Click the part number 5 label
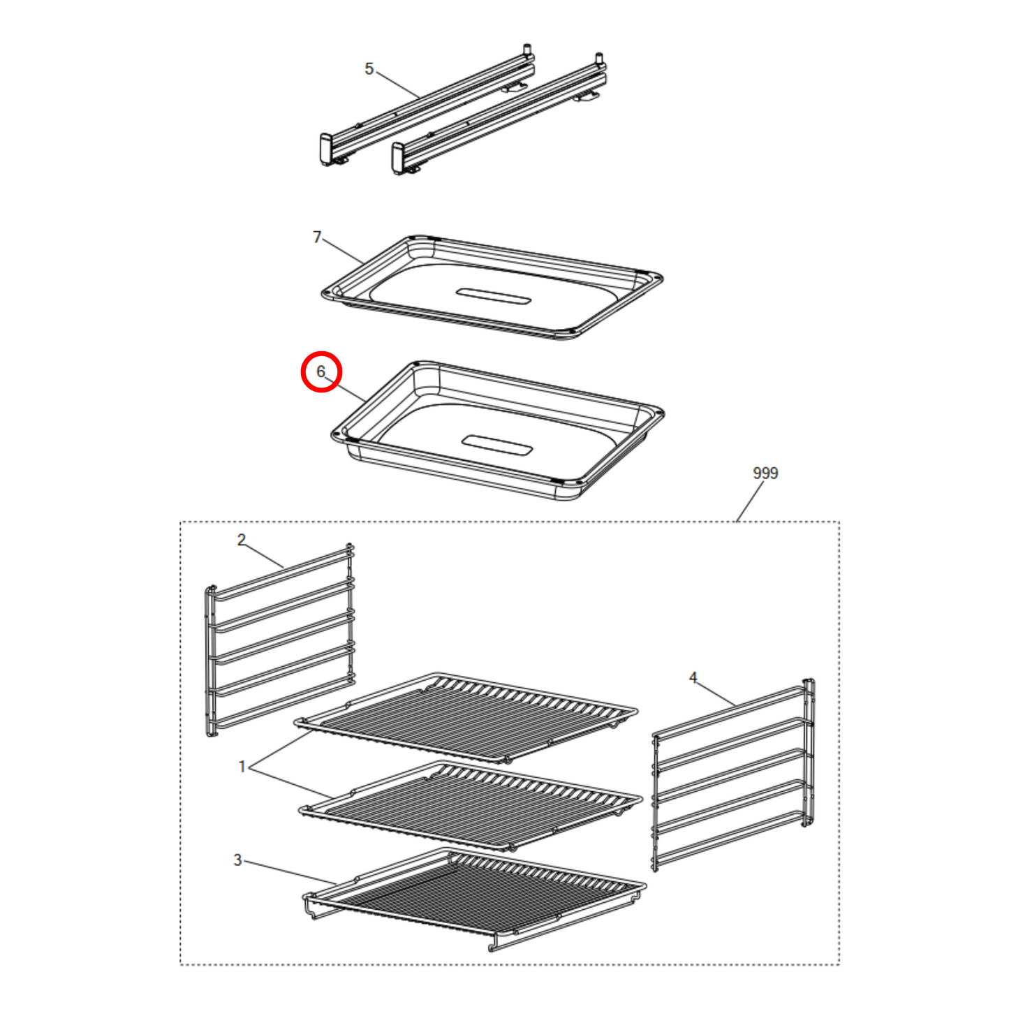(x=369, y=68)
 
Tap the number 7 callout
(x=317, y=237)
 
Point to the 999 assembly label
(x=765, y=473)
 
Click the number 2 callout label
(x=242, y=540)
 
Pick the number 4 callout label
(x=693, y=677)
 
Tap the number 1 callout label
(x=242, y=767)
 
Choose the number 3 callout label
(x=237, y=860)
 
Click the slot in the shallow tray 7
(x=493, y=296)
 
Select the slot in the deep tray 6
(x=497, y=445)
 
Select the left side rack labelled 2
(x=279, y=640)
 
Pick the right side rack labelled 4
(x=733, y=774)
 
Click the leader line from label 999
(x=750, y=501)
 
